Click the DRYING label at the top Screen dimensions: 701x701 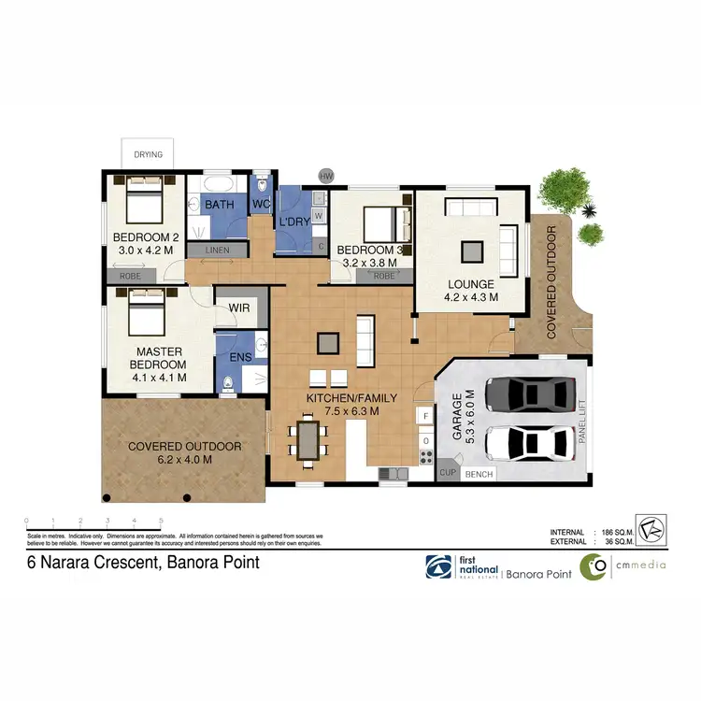pos(148,154)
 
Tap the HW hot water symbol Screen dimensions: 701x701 pos(326,176)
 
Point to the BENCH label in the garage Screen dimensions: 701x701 pos(479,474)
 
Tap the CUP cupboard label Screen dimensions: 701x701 pos(448,474)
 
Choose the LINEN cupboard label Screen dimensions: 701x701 pos(218,250)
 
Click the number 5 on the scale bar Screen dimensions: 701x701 pos(162,520)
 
